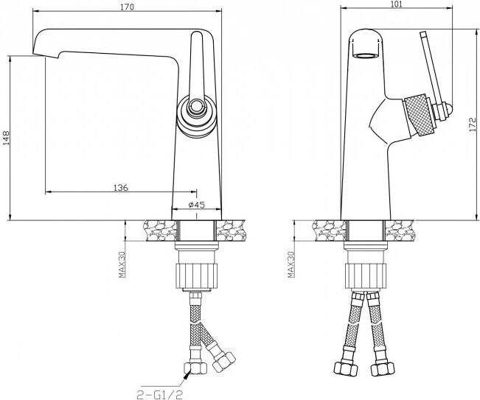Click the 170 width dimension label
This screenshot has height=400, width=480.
coord(127,7)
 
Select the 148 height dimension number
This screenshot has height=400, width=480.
coord(6,138)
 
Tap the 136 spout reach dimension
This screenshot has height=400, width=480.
coord(121,187)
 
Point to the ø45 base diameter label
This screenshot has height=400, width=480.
coord(197,205)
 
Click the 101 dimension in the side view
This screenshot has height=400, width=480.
coord(396,4)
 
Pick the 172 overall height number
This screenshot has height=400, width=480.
coord(473,124)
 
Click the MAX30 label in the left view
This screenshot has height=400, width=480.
coord(122,264)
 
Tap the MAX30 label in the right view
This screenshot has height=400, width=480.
coord(291,264)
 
